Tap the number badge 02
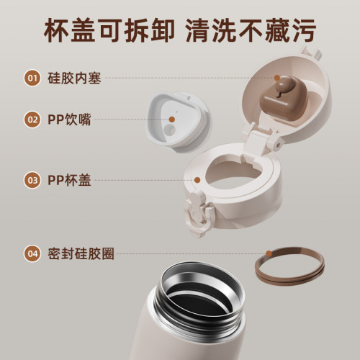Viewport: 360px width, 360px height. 32,120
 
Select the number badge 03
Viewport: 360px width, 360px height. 32,180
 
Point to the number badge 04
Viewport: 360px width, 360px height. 32,253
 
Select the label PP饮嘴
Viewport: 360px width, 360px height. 69,120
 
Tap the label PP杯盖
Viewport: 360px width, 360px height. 69,180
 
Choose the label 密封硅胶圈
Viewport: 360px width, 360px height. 80,253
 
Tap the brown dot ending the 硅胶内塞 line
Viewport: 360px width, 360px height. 276,78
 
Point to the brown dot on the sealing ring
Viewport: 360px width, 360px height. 269,253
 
